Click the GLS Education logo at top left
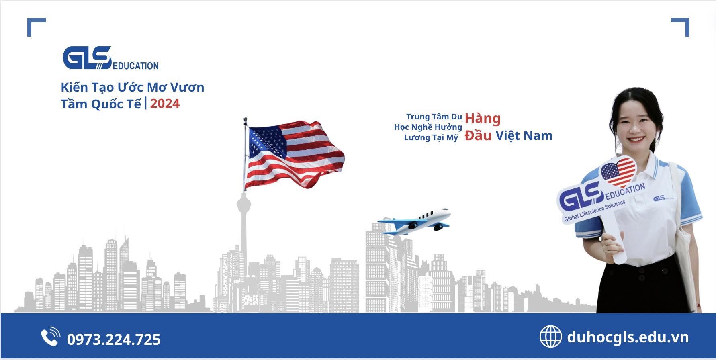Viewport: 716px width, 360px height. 110,58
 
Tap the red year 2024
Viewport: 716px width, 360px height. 165,104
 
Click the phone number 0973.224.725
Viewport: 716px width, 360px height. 114,340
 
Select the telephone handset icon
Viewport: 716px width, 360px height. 51,337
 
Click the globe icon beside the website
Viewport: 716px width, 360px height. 550,336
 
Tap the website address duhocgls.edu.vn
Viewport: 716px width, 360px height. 628,337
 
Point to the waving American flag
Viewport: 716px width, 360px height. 295,154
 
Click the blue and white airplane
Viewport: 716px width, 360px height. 414,221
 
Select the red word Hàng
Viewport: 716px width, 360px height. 483,119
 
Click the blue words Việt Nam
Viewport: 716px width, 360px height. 524,136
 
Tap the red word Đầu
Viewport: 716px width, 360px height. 478,135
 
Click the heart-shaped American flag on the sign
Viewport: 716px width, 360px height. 618,172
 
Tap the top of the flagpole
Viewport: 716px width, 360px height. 245,119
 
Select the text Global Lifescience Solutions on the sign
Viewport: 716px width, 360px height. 595,211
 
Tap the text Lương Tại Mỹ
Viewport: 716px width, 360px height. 431,138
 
